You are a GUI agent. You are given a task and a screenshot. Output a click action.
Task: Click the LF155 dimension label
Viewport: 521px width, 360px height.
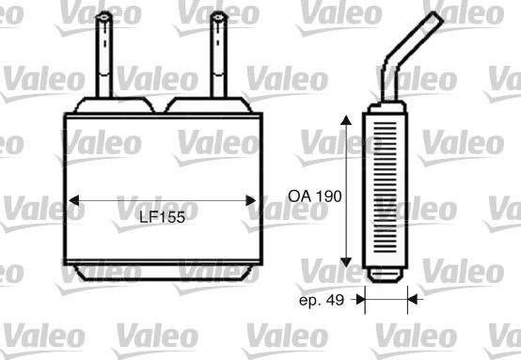162,217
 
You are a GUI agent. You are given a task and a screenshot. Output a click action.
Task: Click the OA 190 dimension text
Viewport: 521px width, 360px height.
315,196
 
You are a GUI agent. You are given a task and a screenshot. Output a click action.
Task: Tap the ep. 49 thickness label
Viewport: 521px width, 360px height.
322,300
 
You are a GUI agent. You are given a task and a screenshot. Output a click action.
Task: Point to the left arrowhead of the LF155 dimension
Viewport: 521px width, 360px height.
73,200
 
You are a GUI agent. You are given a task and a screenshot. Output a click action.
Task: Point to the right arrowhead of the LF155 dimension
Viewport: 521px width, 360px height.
251,200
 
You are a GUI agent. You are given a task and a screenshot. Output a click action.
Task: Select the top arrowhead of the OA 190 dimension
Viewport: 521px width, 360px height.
346,120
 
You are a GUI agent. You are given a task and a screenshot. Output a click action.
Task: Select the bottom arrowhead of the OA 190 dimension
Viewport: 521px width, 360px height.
346,262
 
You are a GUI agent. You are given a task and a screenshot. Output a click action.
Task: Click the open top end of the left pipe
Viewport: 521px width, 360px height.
104,15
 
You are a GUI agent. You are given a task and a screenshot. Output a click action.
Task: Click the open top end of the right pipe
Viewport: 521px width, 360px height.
219,15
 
